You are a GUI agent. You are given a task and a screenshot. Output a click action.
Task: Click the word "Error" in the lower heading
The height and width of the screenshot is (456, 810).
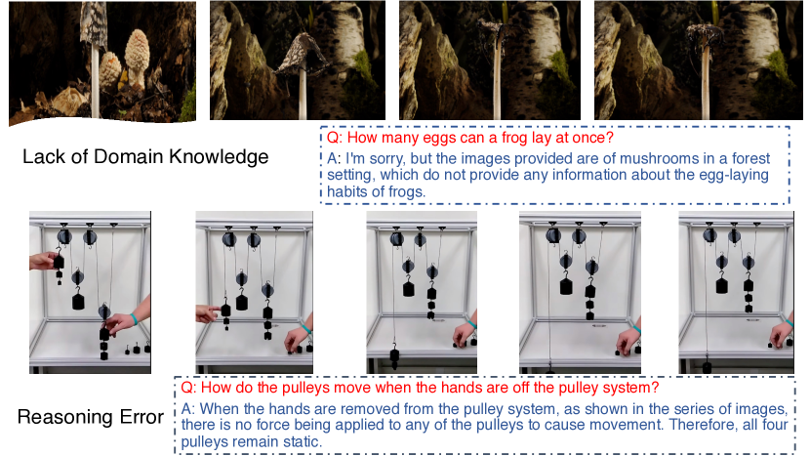(142, 417)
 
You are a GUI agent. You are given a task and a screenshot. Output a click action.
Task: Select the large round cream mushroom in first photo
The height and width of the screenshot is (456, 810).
(137, 52)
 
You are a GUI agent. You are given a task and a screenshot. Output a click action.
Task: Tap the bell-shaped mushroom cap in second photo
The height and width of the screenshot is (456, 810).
(303, 54)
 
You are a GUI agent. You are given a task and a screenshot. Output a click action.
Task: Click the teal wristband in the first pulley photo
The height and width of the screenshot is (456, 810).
(134, 318)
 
